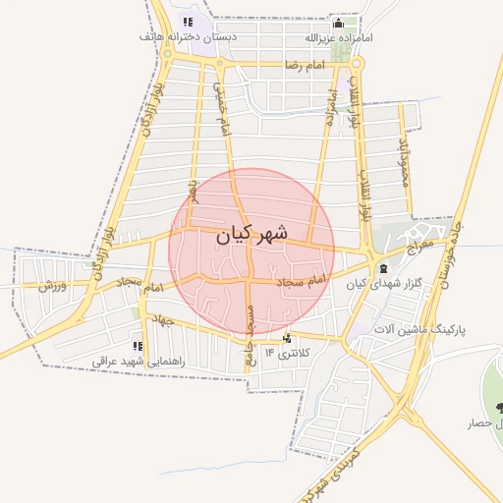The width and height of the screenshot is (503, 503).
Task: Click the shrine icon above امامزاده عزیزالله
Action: [x=339, y=23]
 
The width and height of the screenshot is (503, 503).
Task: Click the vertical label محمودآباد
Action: [x=402, y=160]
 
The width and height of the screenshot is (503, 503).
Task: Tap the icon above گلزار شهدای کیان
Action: [x=383, y=268]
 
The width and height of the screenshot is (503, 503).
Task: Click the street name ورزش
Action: [x=53, y=286]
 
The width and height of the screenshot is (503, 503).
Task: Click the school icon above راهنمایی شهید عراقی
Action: [x=138, y=347]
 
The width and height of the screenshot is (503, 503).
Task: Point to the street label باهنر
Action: [x=194, y=191]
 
